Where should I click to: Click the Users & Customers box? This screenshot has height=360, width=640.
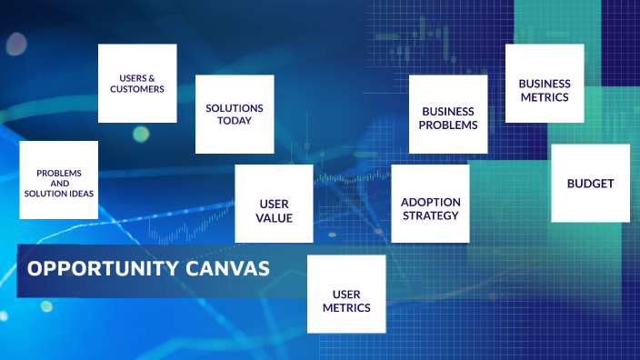137,83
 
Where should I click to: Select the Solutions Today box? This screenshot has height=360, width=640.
235,114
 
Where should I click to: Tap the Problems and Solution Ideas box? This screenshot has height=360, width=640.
59,180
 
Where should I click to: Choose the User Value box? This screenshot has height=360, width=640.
274,204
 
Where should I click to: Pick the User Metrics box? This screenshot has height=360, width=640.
346,295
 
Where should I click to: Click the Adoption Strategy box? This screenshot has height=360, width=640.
430,203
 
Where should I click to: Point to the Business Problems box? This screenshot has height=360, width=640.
448,114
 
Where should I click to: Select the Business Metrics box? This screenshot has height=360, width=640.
545,83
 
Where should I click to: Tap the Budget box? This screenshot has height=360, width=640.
590,183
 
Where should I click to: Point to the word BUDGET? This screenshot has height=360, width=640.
590,184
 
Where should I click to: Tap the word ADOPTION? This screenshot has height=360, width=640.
431,202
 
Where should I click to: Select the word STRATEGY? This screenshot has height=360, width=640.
430,215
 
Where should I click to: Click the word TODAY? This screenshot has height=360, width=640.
235,122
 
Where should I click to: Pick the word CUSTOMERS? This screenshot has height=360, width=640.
137,90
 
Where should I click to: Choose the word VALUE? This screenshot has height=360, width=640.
275,218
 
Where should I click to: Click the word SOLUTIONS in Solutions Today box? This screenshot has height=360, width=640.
235,108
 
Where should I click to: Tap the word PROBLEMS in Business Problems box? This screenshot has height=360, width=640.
448,125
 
